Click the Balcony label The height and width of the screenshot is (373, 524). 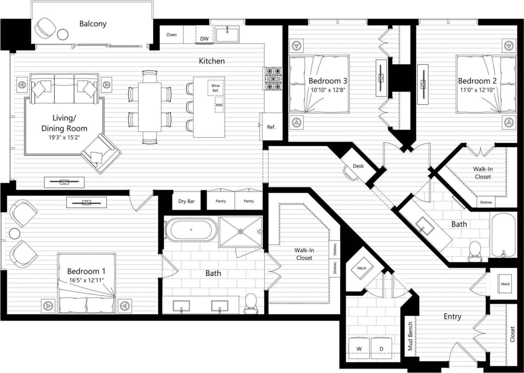pos(93,23)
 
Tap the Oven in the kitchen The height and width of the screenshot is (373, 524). pos(172,35)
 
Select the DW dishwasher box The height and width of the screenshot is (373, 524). pos(204,39)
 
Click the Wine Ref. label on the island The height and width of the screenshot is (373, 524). pos(216,88)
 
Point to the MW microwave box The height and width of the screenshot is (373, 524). pos(219,105)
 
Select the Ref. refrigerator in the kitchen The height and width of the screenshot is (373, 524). pos(271,127)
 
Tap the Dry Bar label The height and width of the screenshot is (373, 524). pos(187,201)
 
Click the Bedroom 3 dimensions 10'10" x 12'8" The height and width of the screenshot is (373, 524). pos(328,90)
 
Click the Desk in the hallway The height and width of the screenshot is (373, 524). pos(358,166)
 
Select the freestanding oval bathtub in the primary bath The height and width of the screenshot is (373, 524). pos(191,230)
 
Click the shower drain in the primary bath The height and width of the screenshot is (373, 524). pos(241,231)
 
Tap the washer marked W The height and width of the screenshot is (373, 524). pos(359,349)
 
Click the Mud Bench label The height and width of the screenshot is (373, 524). pos(409,336)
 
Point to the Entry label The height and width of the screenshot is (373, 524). pos(452,317)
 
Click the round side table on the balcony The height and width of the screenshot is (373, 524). pos(63,34)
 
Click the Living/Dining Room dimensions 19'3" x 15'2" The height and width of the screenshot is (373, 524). pos(64,137)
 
